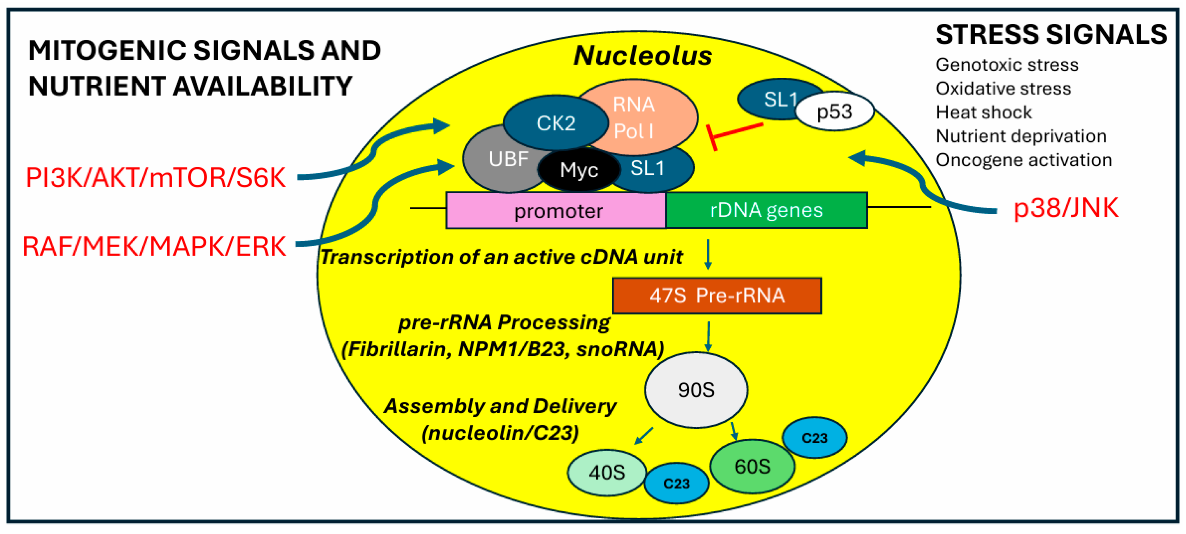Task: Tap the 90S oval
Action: pyautogui.click(x=696, y=390)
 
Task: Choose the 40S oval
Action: pyautogui.click(x=607, y=472)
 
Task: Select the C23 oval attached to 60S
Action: pyautogui.click(x=814, y=437)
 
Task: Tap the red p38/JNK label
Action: pyautogui.click(x=1065, y=208)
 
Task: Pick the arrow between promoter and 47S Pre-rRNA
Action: pyautogui.click(x=708, y=253)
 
